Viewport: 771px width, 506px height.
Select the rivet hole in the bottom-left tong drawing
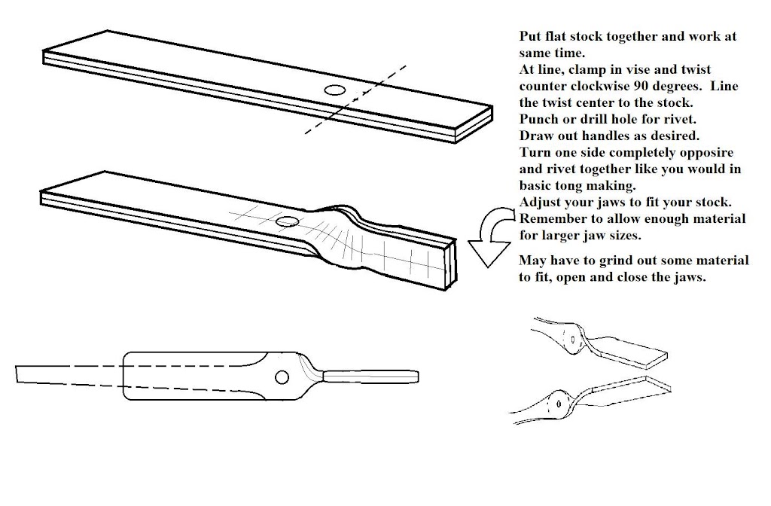282,376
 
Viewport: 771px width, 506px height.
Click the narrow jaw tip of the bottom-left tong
369,375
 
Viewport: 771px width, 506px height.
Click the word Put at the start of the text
530,36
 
